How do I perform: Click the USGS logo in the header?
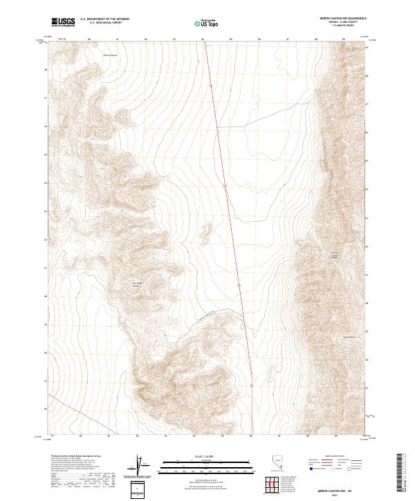click(63, 22)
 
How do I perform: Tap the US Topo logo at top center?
click(204, 23)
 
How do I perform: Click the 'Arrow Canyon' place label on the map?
click(111, 55)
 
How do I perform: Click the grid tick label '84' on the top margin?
click(203, 39)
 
